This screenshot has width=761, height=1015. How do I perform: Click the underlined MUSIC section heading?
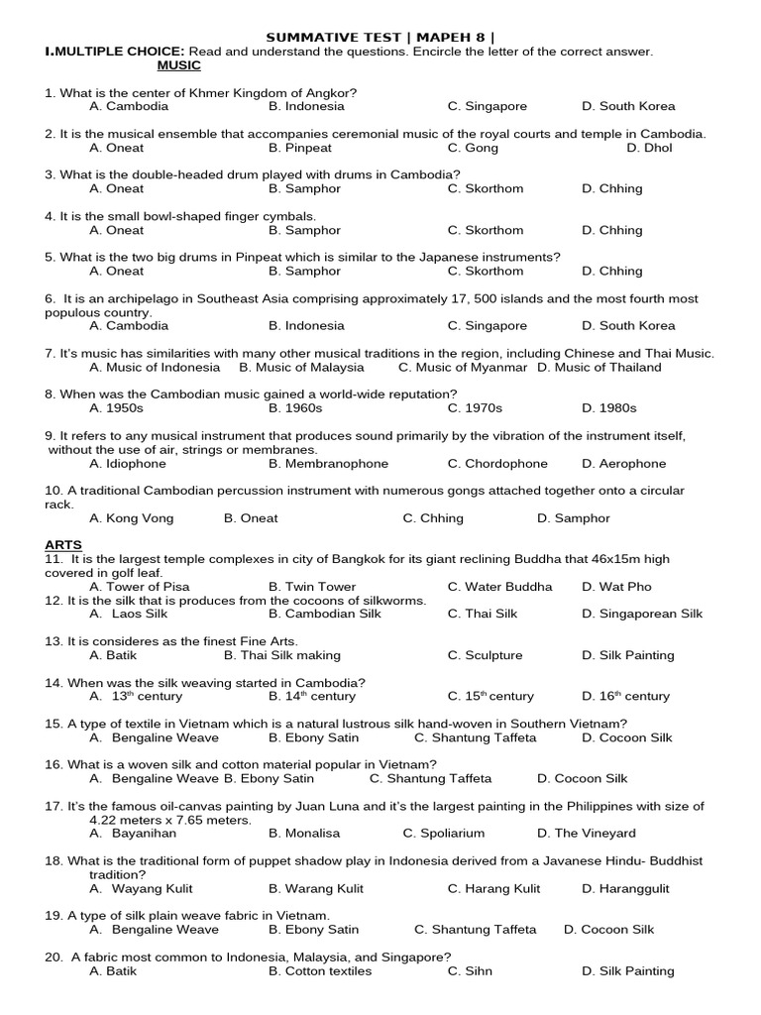point(179,65)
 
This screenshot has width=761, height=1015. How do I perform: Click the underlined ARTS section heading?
point(63,545)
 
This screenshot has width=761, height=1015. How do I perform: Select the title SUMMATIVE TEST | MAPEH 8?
point(380,38)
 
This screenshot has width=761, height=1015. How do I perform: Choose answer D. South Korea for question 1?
point(628,106)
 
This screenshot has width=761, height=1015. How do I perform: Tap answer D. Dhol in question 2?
point(649,148)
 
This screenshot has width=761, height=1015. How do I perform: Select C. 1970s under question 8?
point(475,407)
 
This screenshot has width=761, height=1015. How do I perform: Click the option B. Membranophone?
point(328,463)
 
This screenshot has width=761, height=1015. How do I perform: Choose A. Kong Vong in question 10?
point(131,518)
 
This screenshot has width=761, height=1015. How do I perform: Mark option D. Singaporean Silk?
point(642,614)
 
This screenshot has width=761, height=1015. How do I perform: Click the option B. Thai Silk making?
point(281,655)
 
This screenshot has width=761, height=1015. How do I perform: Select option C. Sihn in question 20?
point(470,971)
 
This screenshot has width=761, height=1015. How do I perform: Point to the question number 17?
point(54,807)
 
